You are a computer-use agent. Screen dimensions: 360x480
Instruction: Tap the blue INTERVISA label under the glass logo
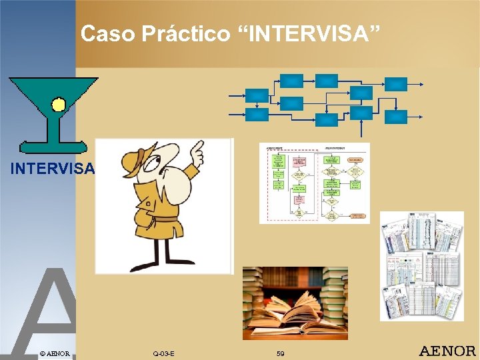(x=53, y=169)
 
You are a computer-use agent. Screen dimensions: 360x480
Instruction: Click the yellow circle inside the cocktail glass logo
(x=59, y=104)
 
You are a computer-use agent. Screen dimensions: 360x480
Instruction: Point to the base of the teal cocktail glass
(x=53, y=146)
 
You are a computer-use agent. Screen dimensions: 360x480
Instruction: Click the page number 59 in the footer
(x=281, y=353)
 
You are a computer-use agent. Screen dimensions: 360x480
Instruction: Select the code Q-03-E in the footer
(x=163, y=353)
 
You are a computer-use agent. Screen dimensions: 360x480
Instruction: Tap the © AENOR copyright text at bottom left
(x=54, y=353)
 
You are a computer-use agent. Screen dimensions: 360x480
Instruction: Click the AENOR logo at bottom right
(x=447, y=351)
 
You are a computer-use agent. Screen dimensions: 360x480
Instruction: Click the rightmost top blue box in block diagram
(x=396, y=84)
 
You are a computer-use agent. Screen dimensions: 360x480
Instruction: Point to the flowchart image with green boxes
(x=314, y=182)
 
